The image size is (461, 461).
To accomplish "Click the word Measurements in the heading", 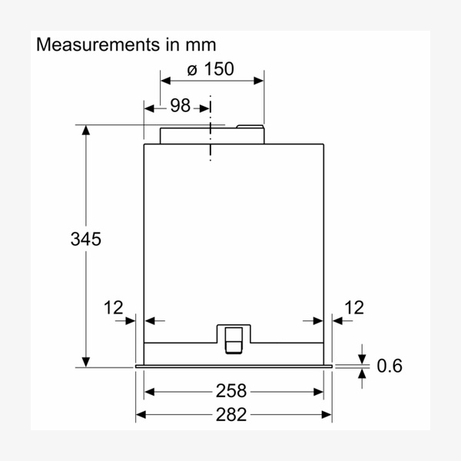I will coord(85,45).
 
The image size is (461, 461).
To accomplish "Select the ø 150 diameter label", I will coord(211,69).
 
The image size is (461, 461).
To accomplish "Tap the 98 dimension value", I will coord(180,105).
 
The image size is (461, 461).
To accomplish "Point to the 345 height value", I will coord(85,239).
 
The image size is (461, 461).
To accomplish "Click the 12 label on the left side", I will coord(113,308).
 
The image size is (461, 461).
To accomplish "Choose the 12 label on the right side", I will coord(354,308).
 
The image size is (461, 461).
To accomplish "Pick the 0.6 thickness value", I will coord(389,366).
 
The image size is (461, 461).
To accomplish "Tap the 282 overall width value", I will coord(231,415).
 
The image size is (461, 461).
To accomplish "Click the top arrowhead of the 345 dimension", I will coord(86,130).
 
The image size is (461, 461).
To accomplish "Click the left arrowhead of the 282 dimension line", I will coord(141,415).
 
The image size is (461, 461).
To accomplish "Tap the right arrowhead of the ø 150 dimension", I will coord(259,78).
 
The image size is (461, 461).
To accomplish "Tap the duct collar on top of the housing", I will coord(211,135).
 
